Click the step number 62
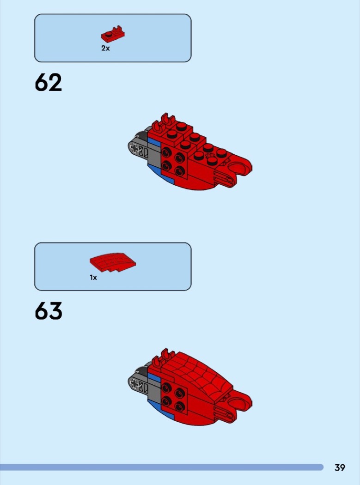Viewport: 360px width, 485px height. [x=48, y=82]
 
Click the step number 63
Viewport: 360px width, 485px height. [x=49, y=311]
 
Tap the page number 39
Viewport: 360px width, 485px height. [x=340, y=467]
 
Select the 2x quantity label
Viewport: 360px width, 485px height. [x=105, y=48]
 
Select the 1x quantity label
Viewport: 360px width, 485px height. [x=93, y=278]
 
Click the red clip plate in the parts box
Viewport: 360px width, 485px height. [x=113, y=35]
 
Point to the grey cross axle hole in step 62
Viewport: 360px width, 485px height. [x=135, y=149]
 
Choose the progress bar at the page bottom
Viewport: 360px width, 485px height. [x=162, y=467]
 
